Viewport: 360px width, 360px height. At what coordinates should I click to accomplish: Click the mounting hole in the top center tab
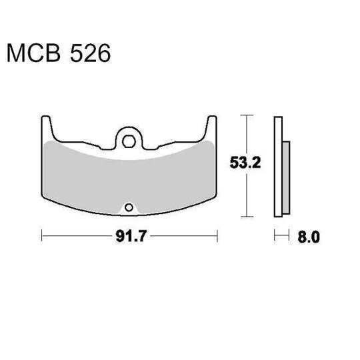[129, 140]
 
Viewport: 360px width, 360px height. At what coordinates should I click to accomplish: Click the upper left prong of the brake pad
[46, 123]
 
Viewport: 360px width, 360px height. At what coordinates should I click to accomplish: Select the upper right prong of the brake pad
[213, 123]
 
